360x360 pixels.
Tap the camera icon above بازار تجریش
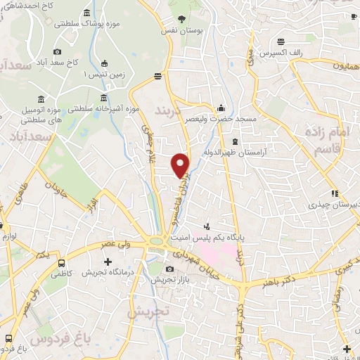click(169, 269)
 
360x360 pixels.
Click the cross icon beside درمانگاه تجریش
click(107, 262)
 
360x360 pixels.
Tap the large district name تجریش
click(143, 310)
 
